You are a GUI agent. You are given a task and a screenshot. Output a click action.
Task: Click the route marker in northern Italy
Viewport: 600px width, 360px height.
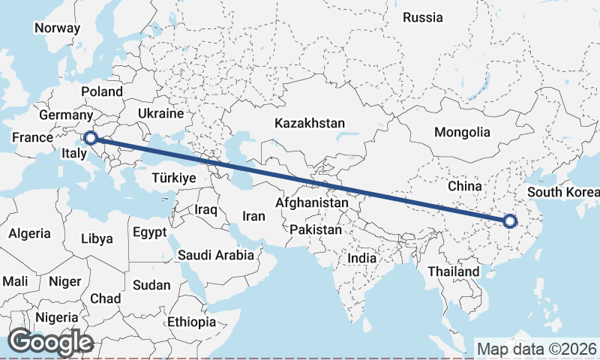90,137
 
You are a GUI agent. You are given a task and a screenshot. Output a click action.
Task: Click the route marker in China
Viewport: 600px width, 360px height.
510,221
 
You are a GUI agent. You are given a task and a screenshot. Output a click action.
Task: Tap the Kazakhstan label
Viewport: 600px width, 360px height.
310,123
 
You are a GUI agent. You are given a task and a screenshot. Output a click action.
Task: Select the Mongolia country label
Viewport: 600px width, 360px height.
462,132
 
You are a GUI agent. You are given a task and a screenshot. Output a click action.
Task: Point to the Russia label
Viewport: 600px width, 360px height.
423,17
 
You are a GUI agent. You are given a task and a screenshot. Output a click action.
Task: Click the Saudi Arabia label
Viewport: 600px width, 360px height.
215,255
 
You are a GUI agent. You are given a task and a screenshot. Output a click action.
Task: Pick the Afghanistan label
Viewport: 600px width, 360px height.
312,202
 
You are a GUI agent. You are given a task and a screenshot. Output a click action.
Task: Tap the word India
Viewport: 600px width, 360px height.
361,258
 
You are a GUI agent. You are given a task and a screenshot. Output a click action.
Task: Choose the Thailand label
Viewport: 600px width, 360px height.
453,271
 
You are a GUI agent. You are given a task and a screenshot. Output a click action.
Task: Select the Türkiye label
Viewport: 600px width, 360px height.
173,178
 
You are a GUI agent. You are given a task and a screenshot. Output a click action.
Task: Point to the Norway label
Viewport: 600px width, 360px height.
57,28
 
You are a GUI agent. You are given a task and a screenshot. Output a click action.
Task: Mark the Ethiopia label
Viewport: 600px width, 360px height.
192,322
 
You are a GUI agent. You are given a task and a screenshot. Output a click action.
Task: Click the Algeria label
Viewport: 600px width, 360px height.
30,233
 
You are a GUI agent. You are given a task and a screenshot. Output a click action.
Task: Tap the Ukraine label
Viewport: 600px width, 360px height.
160,114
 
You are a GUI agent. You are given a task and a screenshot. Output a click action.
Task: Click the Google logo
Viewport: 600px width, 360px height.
51,342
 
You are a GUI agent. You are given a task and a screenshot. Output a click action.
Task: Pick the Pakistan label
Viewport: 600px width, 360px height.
316,229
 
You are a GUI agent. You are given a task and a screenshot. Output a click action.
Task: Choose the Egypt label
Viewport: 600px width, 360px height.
150,232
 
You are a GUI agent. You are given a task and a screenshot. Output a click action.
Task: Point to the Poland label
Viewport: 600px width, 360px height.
102,91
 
